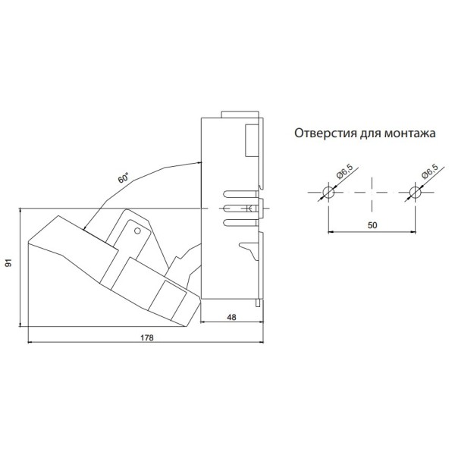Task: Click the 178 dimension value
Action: coord(147,337)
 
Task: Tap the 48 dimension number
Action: coord(231,318)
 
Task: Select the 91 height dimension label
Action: coord(10,262)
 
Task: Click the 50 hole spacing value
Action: coord(372,225)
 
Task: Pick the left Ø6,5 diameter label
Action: coord(344,171)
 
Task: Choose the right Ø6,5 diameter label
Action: coord(430,171)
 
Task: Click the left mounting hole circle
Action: coord(328,192)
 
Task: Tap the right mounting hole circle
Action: coord(416,192)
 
